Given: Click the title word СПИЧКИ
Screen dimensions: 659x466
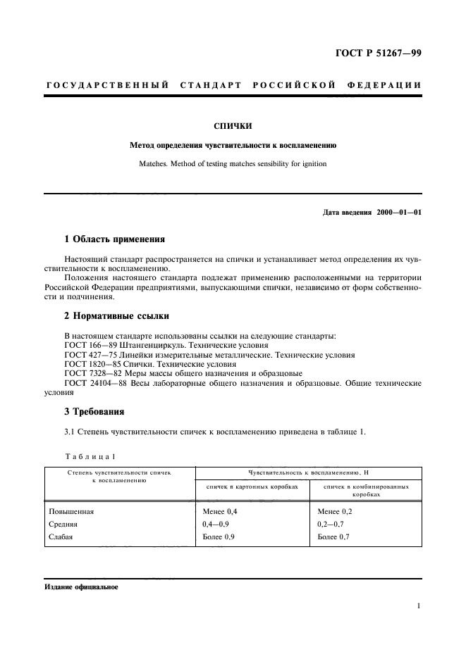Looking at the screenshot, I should click(232, 126).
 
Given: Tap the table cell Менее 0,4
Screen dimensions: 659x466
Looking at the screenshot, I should click(219, 512).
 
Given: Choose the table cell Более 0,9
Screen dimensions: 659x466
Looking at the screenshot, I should click(219, 537).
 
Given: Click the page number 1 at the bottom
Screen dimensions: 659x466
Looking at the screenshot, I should click(419, 605).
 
